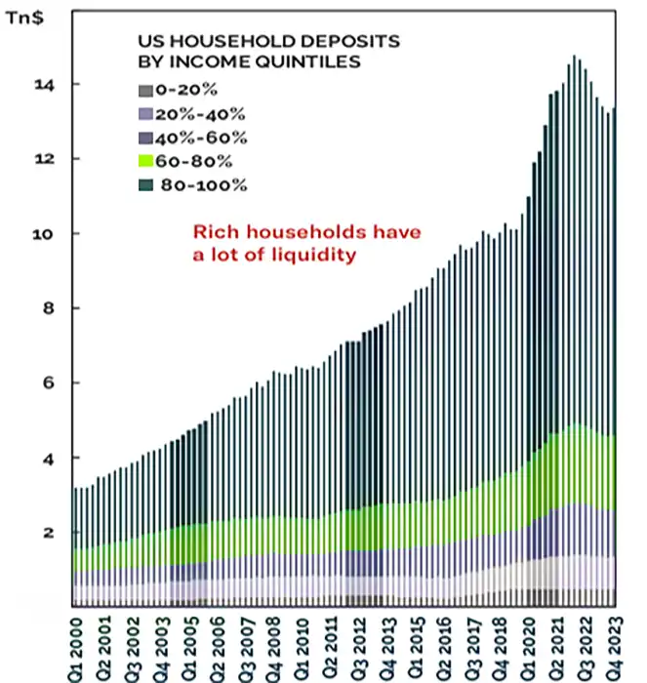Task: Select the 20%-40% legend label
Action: [x=187, y=114]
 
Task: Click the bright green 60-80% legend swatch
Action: [x=145, y=161]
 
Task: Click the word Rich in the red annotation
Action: [x=211, y=233]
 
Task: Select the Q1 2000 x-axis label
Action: [x=79, y=644]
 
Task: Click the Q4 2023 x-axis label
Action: [x=612, y=644]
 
